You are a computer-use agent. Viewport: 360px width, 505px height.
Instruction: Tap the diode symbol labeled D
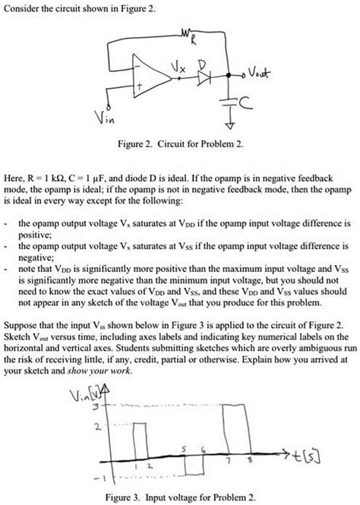coord(202,77)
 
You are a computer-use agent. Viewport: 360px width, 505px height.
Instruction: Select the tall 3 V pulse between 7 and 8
coord(236,433)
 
